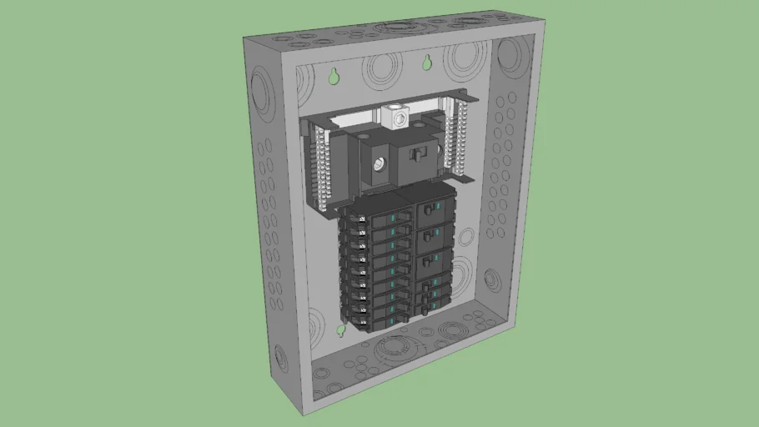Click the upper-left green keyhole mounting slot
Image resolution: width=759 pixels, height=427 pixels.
click(334, 76)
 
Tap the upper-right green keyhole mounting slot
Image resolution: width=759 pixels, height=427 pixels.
click(426, 63)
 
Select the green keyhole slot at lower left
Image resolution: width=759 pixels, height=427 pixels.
click(341, 330)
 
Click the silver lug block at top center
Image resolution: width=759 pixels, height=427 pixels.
click(395, 117)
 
